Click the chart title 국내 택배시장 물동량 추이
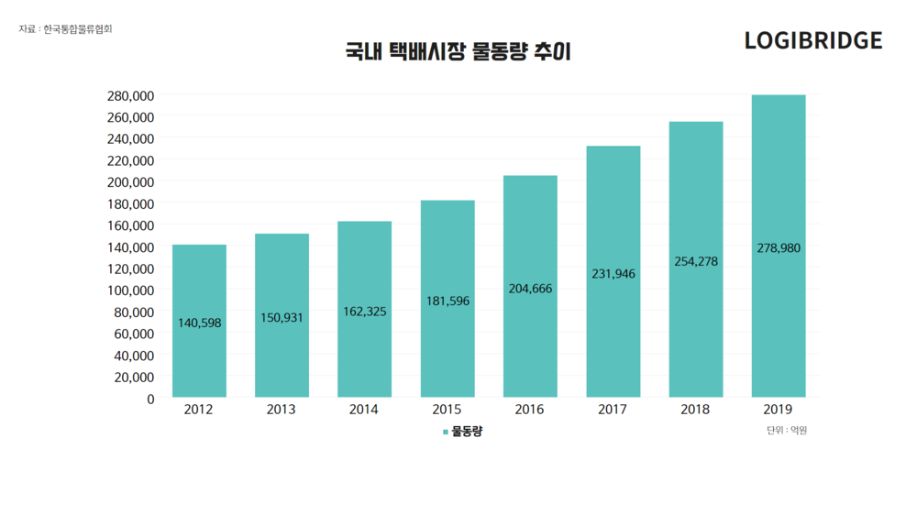(458, 51)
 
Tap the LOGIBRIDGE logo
(813, 40)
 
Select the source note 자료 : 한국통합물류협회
(65, 29)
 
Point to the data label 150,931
(282, 318)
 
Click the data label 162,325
(364, 312)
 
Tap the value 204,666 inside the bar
(530, 289)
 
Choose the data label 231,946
(613, 274)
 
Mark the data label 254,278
(695, 262)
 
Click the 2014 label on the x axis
(364, 410)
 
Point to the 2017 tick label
(613, 410)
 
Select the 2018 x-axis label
(695, 410)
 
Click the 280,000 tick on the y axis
(130, 95)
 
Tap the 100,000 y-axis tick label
(130, 290)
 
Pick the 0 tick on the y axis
(150, 399)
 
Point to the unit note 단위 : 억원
(787, 431)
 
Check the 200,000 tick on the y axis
(130, 181)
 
